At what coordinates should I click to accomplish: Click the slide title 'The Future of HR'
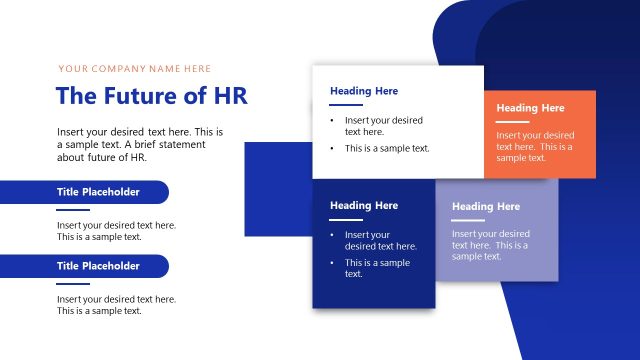tap(152, 96)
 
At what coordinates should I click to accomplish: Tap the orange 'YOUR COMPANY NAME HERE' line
tap(135, 69)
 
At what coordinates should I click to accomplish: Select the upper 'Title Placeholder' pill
tap(98, 192)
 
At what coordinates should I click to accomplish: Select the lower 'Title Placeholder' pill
tap(98, 266)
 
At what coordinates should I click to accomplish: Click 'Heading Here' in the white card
tap(364, 91)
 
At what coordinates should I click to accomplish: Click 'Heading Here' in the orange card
tap(530, 108)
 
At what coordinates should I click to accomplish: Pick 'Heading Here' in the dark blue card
tap(364, 205)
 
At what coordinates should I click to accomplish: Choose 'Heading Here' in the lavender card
tap(486, 207)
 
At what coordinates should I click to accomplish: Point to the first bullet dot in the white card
tap(333, 120)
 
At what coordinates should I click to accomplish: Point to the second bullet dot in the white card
tap(333, 148)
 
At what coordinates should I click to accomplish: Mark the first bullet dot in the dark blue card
tap(333, 235)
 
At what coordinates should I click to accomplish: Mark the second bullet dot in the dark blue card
tap(333, 263)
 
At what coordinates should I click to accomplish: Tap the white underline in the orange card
tap(511, 122)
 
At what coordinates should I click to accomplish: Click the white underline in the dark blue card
tap(345, 219)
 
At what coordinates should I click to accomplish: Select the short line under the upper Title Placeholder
tap(73, 210)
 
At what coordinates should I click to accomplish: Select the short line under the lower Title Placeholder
tap(73, 284)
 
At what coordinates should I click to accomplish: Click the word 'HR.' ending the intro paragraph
tap(136, 157)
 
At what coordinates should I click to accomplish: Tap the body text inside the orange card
tap(535, 146)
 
